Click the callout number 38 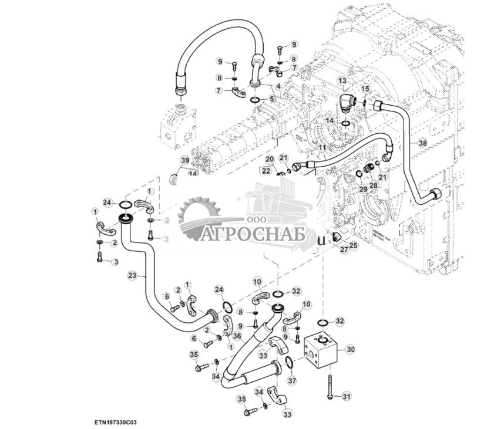point(422,143)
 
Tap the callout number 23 point(132,275)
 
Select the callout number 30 point(350,349)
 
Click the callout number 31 point(346,397)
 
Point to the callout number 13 point(341,80)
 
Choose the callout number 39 point(184,160)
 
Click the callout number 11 point(322,148)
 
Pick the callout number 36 point(237,336)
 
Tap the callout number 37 point(291,380)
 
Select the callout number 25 point(353,245)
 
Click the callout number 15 point(365,89)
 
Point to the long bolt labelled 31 point(330,386)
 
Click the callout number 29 point(363,188)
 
